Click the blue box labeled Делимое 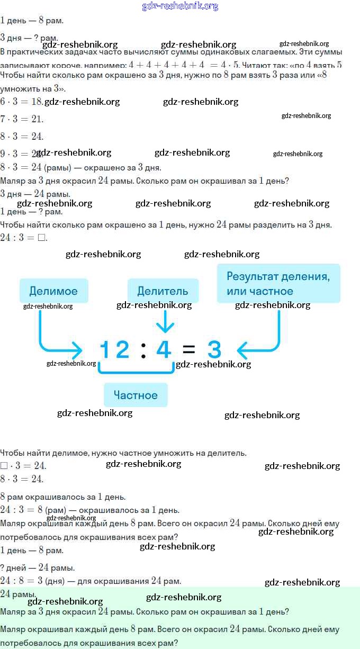[x=53, y=291]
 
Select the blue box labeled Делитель [x=163, y=291]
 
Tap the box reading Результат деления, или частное [x=278, y=284]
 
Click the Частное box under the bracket [x=136, y=395]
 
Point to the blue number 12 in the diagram [x=115, y=350]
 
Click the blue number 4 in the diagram [x=164, y=350]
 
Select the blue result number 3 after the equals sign [x=214, y=350]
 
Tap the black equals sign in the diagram [x=188, y=350]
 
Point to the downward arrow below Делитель [x=166, y=321]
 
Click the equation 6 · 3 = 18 [x=21, y=102]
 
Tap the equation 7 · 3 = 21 [x=21, y=119]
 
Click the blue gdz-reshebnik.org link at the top [x=180, y=6]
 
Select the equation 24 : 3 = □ [x=24, y=238]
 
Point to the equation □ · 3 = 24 [x=24, y=466]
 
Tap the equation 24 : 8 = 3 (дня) [x=90, y=581]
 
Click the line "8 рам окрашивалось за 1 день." [x=62, y=497]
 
